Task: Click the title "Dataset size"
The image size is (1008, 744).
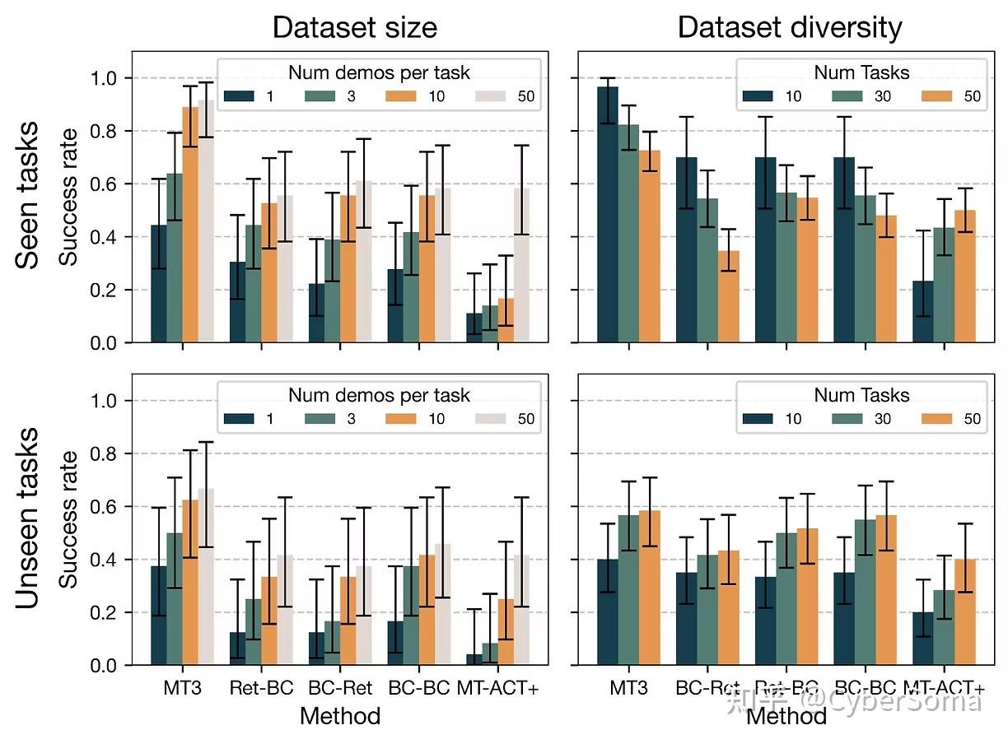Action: click(x=354, y=28)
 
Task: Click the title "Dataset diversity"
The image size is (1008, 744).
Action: click(x=789, y=28)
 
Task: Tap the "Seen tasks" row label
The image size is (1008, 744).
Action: click(x=28, y=195)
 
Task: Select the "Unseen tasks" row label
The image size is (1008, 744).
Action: click(x=28, y=518)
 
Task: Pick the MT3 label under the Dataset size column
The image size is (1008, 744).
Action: click(x=183, y=688)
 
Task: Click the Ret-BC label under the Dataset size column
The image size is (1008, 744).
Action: click(x=261, y=688)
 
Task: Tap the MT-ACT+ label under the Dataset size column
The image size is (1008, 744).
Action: click(x=497, y=688)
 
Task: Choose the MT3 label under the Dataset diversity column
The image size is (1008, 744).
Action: click(x=628, y=688)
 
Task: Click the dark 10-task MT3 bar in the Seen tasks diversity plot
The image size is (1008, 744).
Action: click(x=608, y=215)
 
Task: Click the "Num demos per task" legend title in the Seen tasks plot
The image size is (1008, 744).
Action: click(x=379, y=72)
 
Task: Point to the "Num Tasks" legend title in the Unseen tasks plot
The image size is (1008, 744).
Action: click(x=861, y=395)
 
